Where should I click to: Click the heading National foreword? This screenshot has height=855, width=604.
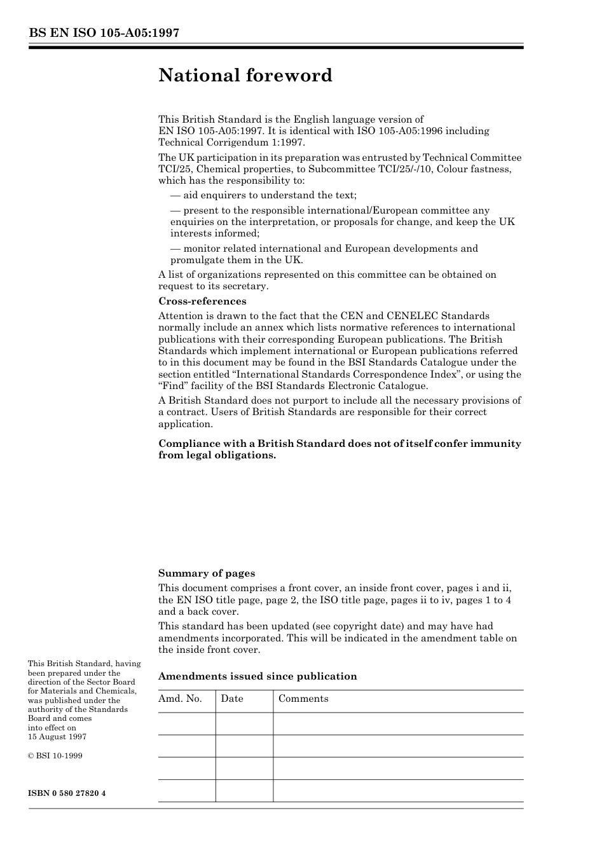(245, 76)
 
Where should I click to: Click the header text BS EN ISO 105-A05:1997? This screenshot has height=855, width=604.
(104, 34)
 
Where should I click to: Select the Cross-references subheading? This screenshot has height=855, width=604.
(202, 301)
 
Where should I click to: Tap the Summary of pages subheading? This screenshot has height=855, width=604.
(207, 573)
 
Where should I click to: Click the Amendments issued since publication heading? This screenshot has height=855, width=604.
(257, 676)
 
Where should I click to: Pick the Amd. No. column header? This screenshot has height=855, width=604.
(180, 699)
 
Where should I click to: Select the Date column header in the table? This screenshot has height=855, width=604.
(232, 699)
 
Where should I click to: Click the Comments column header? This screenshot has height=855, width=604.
(303, 699)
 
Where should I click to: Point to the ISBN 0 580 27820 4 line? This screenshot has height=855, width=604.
(67, 793)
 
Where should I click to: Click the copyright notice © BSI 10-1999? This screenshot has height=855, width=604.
(55, 756)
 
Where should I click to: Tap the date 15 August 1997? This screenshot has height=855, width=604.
(57, 737)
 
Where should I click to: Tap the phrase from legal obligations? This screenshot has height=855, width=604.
(217, 455)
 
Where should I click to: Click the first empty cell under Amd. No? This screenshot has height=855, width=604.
(186, 723)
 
